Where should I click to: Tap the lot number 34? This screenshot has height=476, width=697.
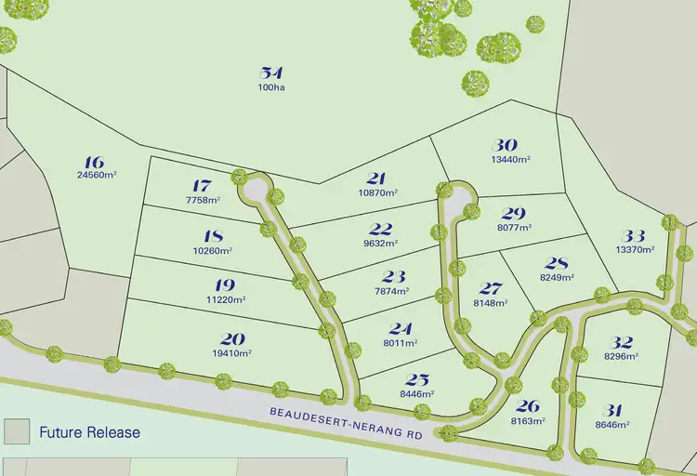click(271, 73)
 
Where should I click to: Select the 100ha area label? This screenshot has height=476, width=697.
click(271, 87)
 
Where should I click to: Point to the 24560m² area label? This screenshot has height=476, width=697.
click(93, 174)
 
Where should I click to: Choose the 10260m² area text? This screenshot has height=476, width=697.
click(213, 250)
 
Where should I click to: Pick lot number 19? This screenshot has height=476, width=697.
click(224, 285)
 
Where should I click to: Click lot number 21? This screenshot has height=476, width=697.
click(375, 178)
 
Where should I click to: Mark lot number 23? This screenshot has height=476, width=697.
click(394, 276)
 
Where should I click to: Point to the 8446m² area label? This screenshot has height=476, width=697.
click(417, 394)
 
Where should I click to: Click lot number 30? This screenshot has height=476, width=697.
click(505, 145)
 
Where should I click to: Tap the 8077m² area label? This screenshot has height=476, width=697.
click(514, 227)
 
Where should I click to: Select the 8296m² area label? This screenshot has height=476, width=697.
click(624, 355)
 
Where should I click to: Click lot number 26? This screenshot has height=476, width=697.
click(527, 405)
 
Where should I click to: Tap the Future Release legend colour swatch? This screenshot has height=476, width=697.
click(16, 431)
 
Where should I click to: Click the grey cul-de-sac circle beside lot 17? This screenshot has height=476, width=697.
click(254, 191)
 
